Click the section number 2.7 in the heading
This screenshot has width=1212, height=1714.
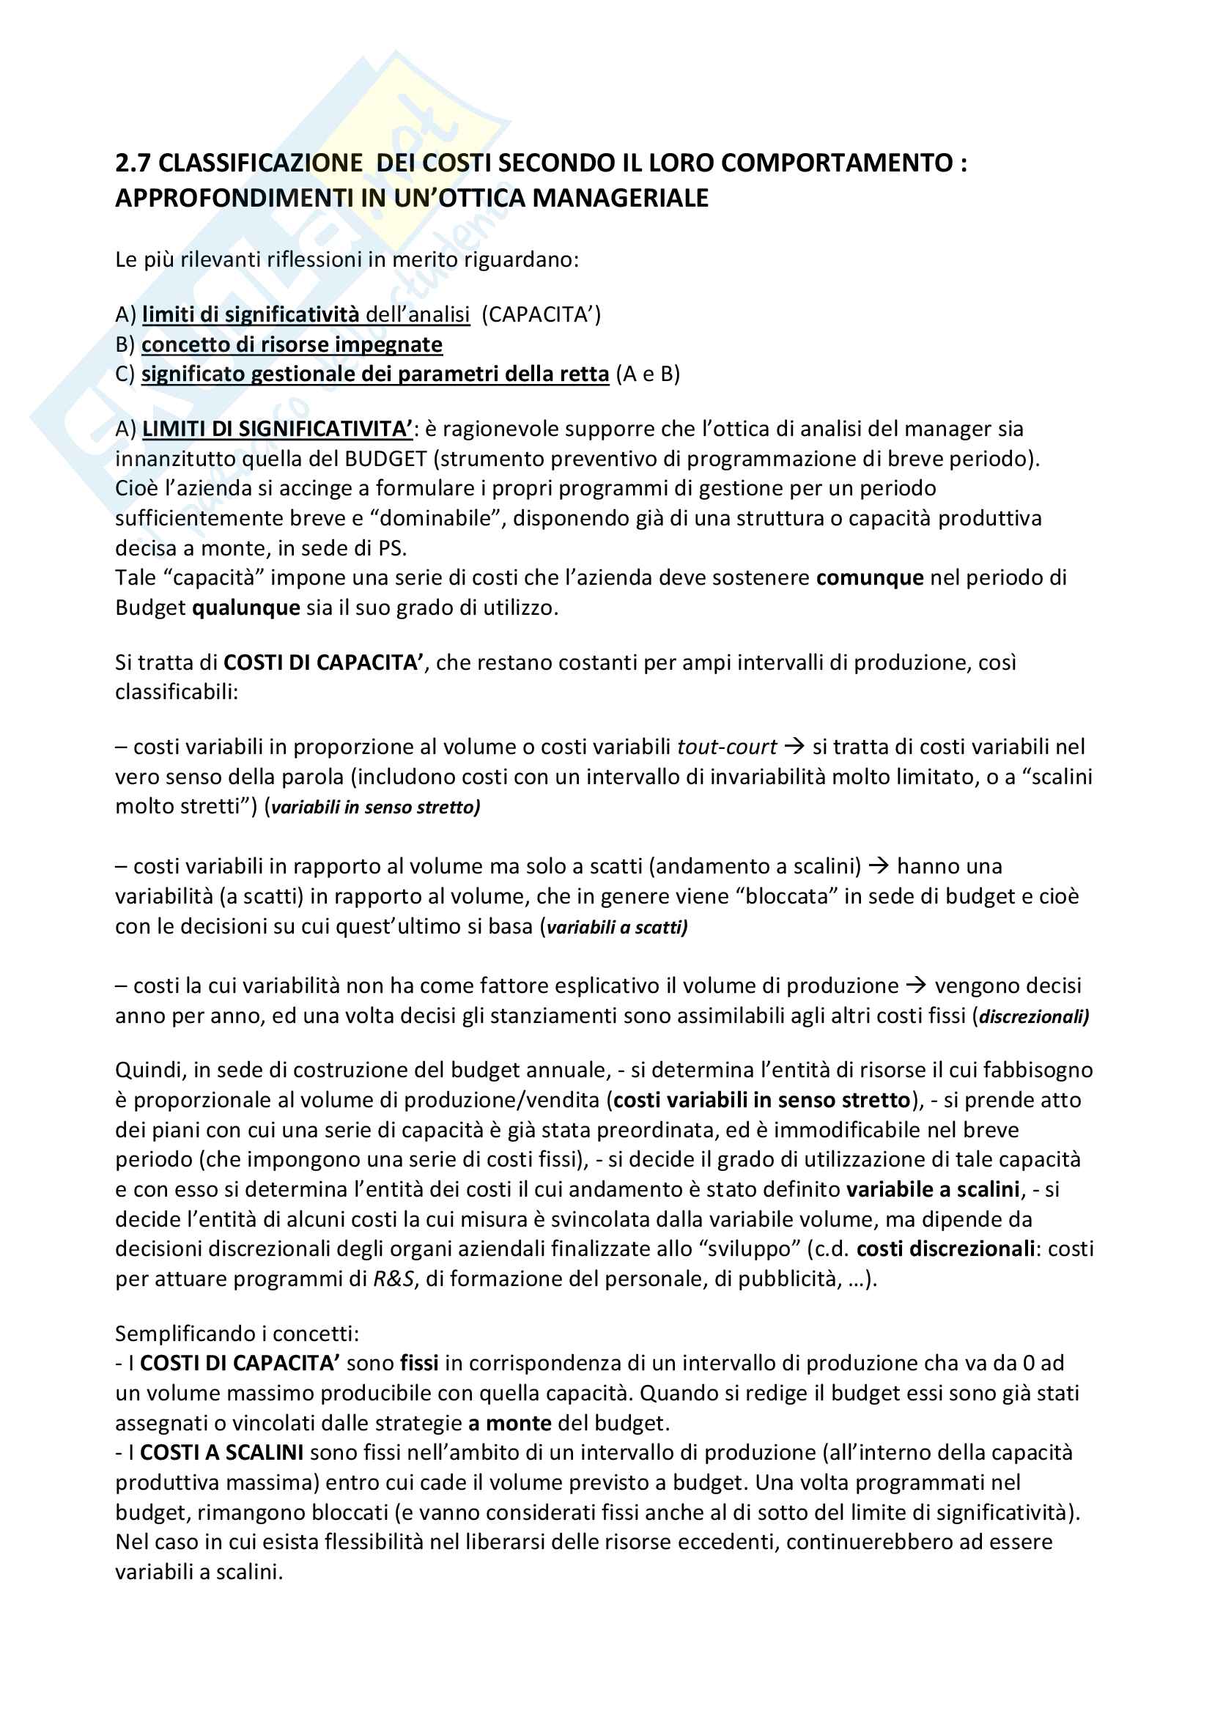tap(133, 163)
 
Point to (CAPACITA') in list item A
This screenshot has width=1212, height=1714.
tap(540, 314)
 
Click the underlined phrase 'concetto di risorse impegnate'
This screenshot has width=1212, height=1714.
tap(292, 344)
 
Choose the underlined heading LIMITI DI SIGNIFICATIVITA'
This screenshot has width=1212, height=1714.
tap(277, 429)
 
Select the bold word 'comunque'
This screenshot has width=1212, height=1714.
tap(870, 577)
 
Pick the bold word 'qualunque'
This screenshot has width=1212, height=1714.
tap(246, 607)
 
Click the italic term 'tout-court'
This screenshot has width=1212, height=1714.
tap(726, 747)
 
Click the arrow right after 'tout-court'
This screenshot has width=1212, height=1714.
tap(794, 747)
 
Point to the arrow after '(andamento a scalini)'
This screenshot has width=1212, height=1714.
tap(879, 866)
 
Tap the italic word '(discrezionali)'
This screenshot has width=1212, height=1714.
tap(1031, 1016)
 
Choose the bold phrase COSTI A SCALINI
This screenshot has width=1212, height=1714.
tap(221, 1452)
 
